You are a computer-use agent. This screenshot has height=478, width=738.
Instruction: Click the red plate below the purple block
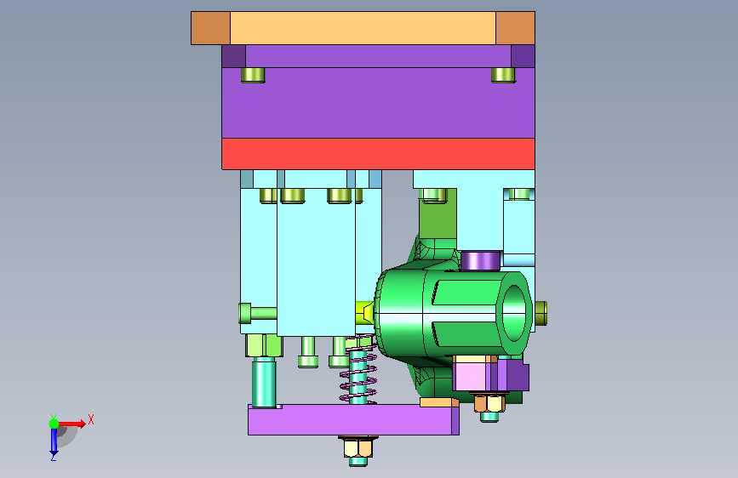[378, 153]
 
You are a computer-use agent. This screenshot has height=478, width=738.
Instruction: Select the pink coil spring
[358, 369]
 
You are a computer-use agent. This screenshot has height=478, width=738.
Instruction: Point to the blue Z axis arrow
[54, 441]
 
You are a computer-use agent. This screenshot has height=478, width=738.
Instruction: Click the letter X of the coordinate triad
[91, 419]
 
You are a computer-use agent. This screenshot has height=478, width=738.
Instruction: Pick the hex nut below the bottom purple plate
[358, 447]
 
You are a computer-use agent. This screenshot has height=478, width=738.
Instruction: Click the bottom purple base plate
[353, 419]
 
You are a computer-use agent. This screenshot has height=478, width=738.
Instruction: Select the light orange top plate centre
[363, 28]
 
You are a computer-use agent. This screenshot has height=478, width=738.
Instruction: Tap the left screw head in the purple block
[253, 76]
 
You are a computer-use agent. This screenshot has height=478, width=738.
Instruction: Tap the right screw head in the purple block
[503, 76]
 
